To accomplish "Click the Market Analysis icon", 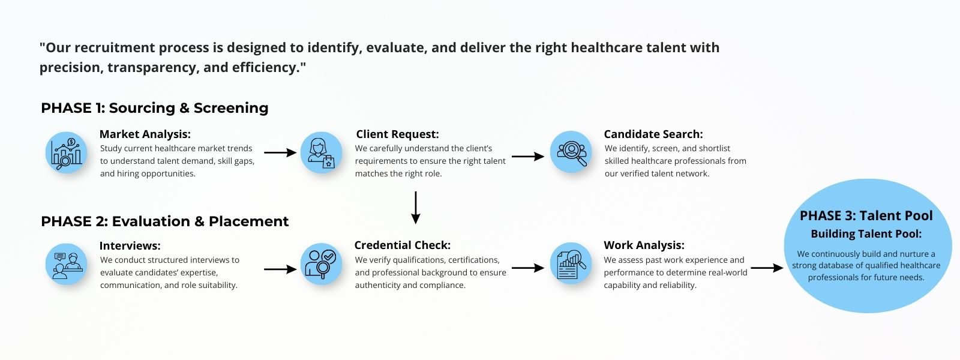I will pos(66,152).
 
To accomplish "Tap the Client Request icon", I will pos(321,152).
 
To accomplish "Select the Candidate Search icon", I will pos(571,152).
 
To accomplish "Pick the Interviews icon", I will pos(66,264).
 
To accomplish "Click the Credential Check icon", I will pos(321,264).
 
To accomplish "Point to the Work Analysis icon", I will pos(571,264).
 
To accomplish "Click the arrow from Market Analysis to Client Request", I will pos(280,153).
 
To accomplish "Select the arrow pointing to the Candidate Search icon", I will pos(527,156).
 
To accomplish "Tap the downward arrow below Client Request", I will pos(415,208).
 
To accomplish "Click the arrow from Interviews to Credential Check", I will pos(280,269).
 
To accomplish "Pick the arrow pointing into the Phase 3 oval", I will pos(767,268).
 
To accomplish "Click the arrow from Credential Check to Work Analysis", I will pos(527,268).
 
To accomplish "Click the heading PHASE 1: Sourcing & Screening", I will pos(155,108).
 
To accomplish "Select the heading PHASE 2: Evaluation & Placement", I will pos(164,221).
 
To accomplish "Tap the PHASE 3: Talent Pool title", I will pos(866,216).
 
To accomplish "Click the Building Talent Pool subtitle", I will pos(866,234).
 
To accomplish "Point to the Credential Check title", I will pos(402,245).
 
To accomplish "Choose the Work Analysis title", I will pos(644,245).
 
